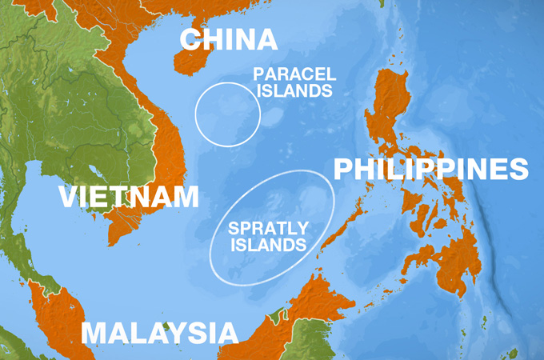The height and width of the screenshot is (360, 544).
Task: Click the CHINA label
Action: click(228, 39)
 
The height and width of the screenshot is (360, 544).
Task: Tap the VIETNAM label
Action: click(129, 197)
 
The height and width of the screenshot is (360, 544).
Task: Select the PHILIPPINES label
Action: click(430, 170)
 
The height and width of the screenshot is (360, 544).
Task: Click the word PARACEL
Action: click(294, 74)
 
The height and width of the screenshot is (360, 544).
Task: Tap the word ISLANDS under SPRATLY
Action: click(268, 245)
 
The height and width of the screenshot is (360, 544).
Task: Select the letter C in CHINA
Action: click(190, 39)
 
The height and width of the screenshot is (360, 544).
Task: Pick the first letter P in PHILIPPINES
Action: click(342, 170)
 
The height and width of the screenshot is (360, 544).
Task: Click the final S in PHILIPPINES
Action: click(520, 170)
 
